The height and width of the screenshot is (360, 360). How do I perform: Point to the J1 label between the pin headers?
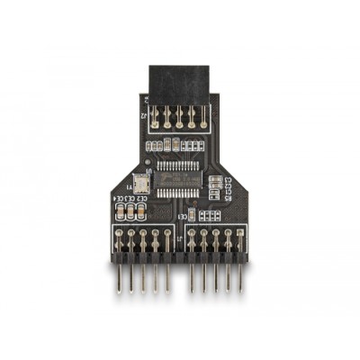tap(180, 241)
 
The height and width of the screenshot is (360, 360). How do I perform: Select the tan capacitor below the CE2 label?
tap(141, 213)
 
